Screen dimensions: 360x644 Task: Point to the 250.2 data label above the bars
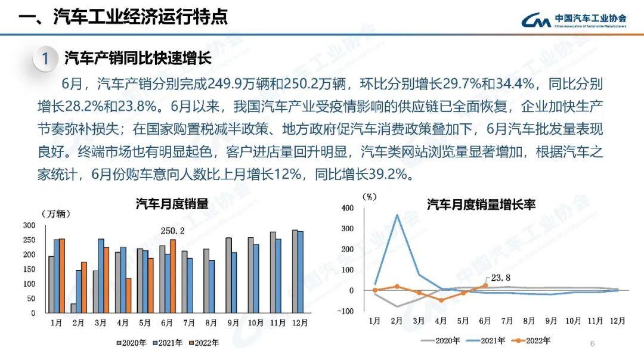(172, 231)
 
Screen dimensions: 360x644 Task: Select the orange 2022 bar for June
(173, 276)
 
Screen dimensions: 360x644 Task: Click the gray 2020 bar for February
(74, 308)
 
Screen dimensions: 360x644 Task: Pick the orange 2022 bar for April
(129, 295)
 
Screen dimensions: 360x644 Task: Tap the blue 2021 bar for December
(301, 272)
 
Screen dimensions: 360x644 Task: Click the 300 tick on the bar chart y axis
(29, 225)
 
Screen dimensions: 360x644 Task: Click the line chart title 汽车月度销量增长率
(481, 204)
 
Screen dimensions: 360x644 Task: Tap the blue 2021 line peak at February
(397, 215)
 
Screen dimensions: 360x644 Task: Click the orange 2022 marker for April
(441, 300)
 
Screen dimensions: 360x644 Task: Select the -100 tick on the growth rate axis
(346, 311)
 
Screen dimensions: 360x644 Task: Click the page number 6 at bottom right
(592, 343)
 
